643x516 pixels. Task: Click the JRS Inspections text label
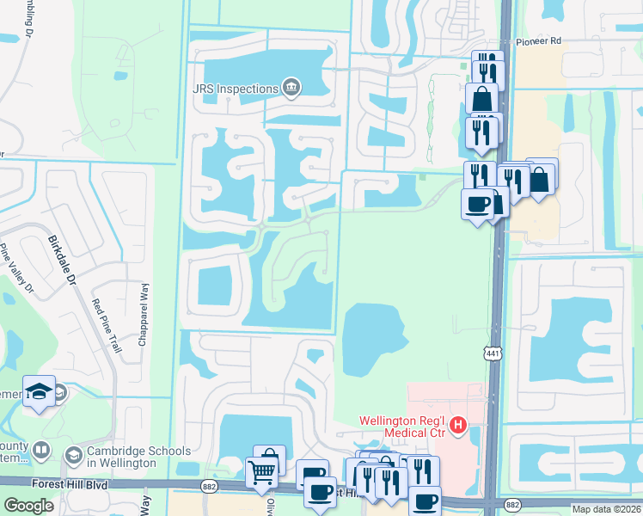click(x=235, y=88)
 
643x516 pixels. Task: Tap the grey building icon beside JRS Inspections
click(x=291, y=87)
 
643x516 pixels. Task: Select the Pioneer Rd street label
click(x=538, y=40)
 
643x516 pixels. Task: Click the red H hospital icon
click(x=458, y=425)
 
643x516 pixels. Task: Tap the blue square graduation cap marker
click(x=40, y=392)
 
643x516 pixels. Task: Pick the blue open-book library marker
click(x=40, y=450)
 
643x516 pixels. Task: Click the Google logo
click(x=28, y=506)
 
